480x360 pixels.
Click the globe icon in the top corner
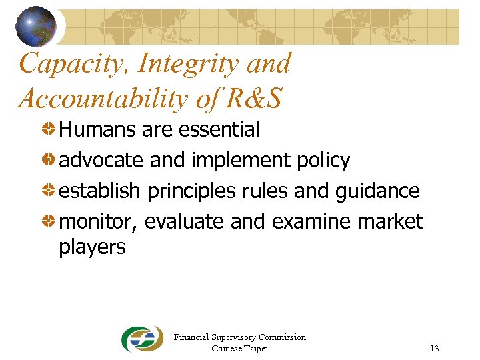[36, 26]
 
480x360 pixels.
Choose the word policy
[323, 161]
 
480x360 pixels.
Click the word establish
[100, 191]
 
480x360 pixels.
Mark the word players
[92, 247]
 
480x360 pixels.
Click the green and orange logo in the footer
[142, 339]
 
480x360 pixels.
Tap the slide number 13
[435, 349]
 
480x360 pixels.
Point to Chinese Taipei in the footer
[239, 348]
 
